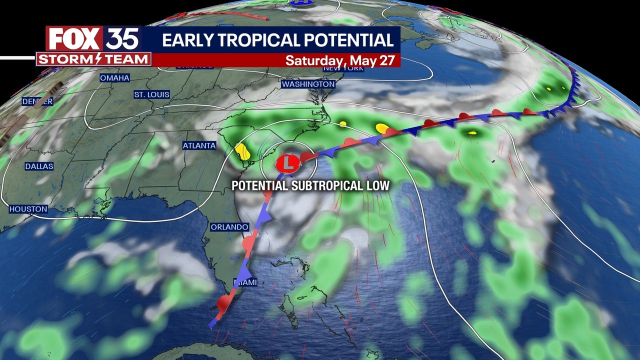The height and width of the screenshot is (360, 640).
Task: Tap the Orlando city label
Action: (229, 227)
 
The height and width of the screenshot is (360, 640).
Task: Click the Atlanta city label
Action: (199, 146)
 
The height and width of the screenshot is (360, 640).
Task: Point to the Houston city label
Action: (28, 209)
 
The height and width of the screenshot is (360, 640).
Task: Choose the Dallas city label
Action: (39, 166)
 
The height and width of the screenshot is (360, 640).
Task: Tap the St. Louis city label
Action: (151, 94)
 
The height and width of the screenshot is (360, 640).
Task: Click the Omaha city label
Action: (114, 78)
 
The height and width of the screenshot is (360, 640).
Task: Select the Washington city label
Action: (308, 84)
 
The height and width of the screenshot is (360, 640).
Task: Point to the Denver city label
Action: (37, 101)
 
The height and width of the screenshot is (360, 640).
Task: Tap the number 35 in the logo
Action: (122, 38)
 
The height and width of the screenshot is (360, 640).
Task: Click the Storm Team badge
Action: (93, 59)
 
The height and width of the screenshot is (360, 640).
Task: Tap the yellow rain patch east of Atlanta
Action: (242, 152)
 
